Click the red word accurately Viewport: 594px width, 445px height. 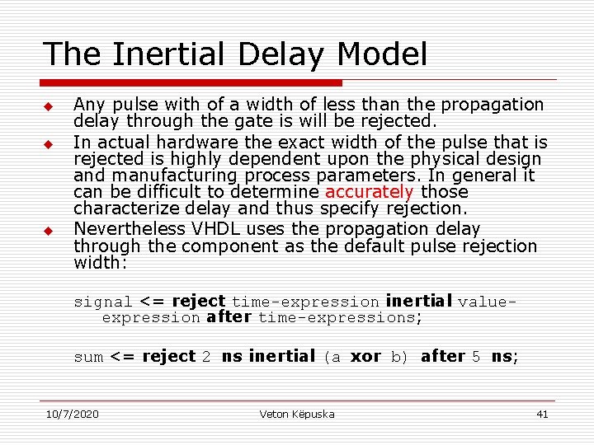[369, 192]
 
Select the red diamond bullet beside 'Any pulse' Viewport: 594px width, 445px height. [49, 107]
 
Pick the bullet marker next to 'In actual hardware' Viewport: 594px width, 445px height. [49, 144]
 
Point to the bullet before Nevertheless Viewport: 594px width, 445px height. [49, 231]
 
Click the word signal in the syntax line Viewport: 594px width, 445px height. [103, 302]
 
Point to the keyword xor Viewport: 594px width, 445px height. [365, 357]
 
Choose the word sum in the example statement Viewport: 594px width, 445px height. [88, 358]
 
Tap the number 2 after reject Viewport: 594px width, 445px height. [206, 357]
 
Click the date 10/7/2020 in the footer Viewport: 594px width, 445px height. [73, 414]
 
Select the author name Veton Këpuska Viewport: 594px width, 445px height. [297, 414]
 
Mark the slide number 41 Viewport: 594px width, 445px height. [542, 414]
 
